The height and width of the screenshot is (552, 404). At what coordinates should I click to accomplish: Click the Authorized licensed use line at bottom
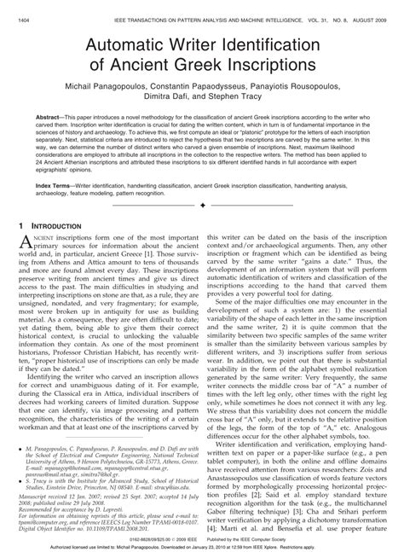click(201, 546)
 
